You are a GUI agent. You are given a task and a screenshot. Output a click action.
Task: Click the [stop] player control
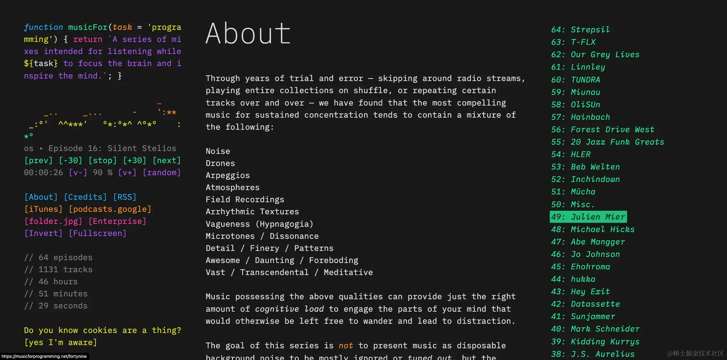pos(102,161)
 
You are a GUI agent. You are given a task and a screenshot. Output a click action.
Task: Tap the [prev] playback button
pos(38,161)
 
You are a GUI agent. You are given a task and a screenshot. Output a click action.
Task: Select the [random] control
pos(162,173)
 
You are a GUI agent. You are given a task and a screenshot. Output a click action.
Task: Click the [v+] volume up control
pos(127,173)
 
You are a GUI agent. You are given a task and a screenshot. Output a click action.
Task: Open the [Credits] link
pos(85,197)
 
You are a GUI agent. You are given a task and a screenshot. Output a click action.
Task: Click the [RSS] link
pos(125,197)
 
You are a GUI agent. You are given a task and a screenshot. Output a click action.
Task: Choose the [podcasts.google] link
pos(110,209)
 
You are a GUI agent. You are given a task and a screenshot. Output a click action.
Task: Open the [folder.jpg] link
pos(53,221)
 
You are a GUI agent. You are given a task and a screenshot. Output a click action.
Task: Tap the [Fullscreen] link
pos(98,233)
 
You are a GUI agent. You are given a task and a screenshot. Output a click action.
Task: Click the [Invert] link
pos(43,233)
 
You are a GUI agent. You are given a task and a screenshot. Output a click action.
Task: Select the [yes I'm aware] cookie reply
pos(60,343)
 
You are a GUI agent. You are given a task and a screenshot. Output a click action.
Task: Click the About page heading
pos(248,34)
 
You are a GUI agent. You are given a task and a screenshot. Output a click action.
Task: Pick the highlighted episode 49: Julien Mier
pos(588,217)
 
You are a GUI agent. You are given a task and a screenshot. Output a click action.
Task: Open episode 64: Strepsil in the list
pos(580,30)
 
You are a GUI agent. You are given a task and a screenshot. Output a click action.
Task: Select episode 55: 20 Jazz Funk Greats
pos(607,142)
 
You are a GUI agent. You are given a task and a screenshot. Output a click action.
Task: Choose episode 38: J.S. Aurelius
pos(593,354)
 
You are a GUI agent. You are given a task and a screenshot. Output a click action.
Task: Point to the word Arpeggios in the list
pos(228,176)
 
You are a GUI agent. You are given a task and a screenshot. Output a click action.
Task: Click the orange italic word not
pos(346,346)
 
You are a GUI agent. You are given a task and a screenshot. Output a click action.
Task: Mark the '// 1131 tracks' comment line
pos(58,270)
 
